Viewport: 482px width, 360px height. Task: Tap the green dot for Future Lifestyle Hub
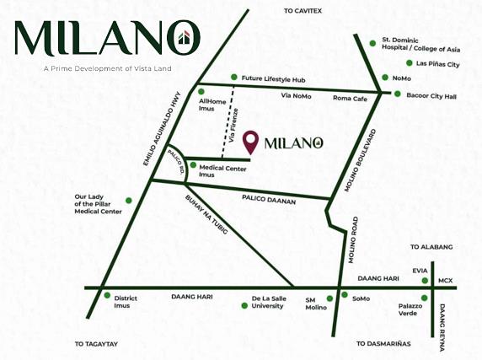tap(233, 78)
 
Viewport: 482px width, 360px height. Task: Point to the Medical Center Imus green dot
tap(193, 165)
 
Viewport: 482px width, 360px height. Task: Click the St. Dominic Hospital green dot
tap(373, 43)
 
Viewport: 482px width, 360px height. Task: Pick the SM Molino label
tap(315, 304)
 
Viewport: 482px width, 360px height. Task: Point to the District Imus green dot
tap(106, 295)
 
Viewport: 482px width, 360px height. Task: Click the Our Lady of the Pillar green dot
tap(129, 200)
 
